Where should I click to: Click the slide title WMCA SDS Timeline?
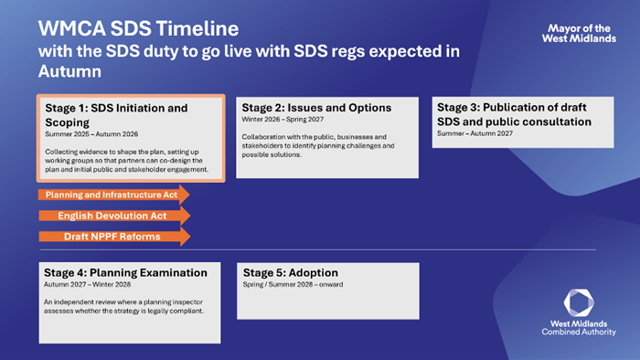(x=138, y=29)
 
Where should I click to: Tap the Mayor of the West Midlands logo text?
(x=579, y=34)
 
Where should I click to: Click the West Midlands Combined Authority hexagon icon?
(x=579, y=302)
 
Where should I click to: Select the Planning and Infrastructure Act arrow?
(x=114, y=195)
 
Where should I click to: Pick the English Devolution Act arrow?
(x=114, y=216)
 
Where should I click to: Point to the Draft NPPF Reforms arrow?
(x=114, y=237)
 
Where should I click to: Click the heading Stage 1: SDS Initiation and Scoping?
(x=116, y=115)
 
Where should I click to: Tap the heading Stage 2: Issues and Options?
(x=316, y=108)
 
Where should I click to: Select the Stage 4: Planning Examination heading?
(x=125, y=273)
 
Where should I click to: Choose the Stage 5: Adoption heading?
(x=290, y=273)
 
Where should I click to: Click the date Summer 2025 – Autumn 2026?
(x=91, y=134)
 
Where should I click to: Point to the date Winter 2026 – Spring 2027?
(x=283, y=120)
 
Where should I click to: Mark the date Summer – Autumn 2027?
(x=475, y=133)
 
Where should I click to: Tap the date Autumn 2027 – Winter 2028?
(x=88, y=284)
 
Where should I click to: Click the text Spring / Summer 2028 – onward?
(x=293, y=284)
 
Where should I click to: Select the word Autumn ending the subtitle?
(x=69, y=71)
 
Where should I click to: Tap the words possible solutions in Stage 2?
(x=272, y=155)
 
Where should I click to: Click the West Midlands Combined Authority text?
(x=579, y=328)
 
